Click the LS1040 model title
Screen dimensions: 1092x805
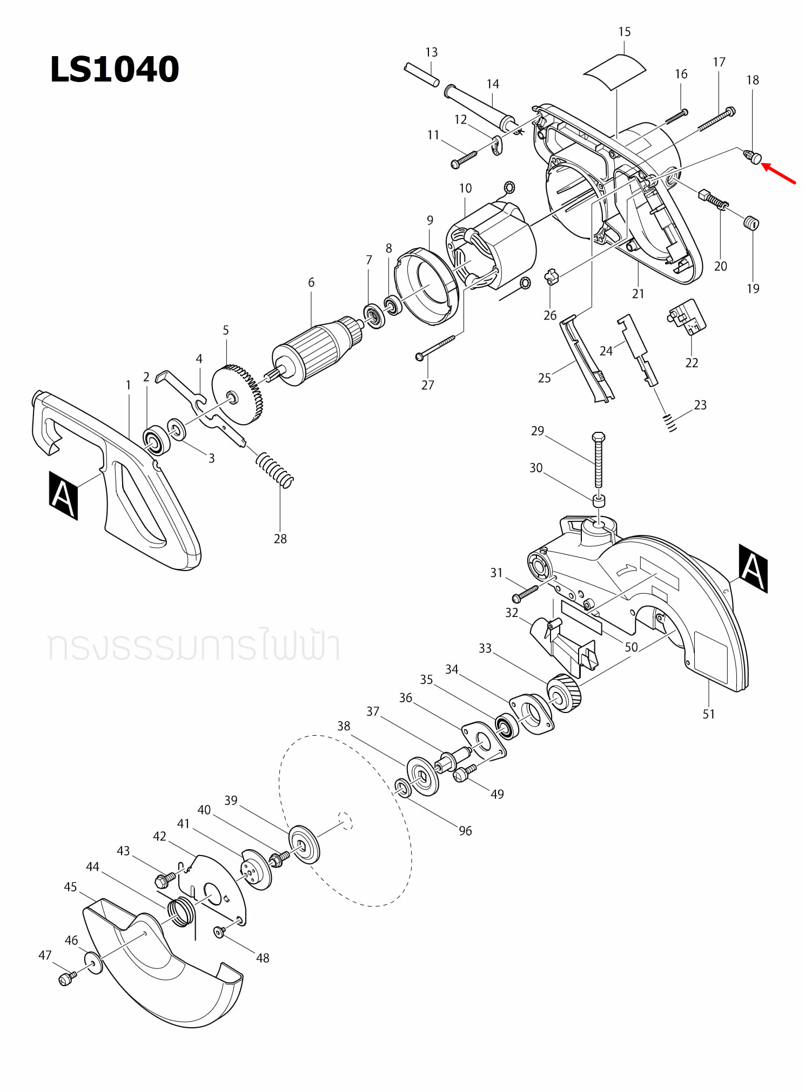point(114,70)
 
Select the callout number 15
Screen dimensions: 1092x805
point(624,32)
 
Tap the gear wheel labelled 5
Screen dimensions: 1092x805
point(237,394)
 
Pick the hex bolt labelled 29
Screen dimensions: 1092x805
point(598,459)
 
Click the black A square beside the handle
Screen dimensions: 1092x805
point(63,496)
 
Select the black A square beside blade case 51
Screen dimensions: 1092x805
point(753,568)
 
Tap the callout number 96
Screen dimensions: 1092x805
point(465,831)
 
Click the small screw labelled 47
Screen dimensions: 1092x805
point(66,979)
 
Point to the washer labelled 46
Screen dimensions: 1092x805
point(93,963)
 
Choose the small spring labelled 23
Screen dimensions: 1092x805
point(670,422)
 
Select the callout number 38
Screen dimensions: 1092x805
point(344,726)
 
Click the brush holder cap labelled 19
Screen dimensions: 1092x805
point(752,222)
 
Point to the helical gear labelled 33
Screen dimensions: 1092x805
point(564,694)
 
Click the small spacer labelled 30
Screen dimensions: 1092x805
point(599,500)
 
